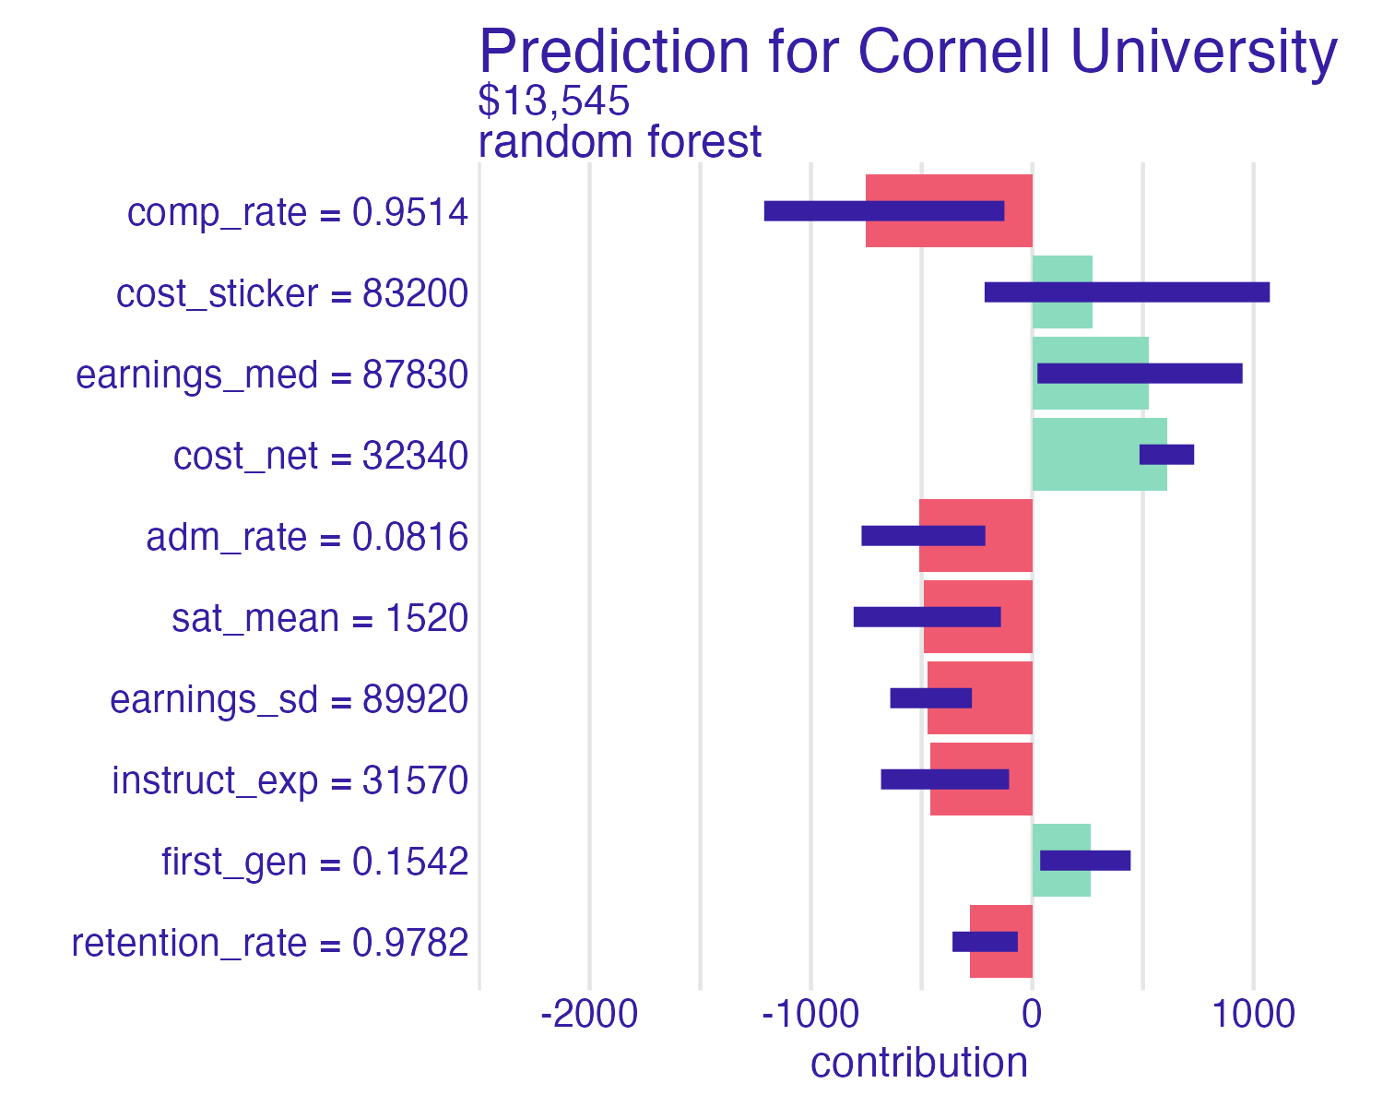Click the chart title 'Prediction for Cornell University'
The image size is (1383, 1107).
click(907, 52)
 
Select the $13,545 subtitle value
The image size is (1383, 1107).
click(553, 101)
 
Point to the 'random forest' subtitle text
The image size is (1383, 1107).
click(620, 142)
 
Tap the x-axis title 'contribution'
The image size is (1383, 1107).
click(918, 1063)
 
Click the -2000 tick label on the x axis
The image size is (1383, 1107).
click(589, 1016)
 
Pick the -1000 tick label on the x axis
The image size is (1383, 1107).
click(810, 1016)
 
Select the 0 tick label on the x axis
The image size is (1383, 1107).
click(1032, 1016)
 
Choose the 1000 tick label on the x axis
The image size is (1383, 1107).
click(1253, 1016)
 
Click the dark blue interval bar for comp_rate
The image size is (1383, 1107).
click(884, 211)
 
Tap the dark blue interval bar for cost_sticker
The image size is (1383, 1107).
click(1127, 292)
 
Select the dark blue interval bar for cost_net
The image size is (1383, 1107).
click(1166, 455)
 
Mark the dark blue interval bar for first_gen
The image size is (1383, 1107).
click(1085, 861)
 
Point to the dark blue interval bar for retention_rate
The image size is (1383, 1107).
click(985, 942)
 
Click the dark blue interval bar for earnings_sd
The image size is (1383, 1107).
click(931, 698)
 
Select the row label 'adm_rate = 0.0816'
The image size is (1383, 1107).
click(307, 537)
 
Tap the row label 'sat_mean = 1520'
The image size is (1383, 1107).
click(320, 618)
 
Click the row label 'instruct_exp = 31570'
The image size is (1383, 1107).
click(290, 780)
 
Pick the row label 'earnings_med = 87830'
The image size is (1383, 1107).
click(272, 375)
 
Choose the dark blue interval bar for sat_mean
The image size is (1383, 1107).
click(927, 617)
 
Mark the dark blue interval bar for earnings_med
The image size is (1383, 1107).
click(1140, 374)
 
